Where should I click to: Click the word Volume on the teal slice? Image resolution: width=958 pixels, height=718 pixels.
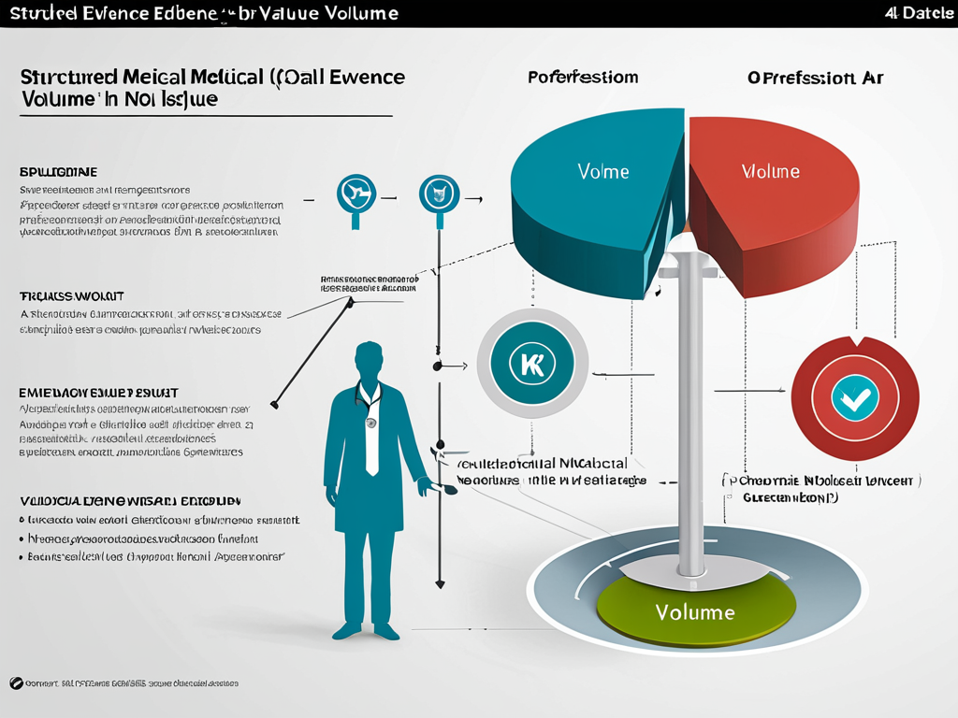click(603, 172)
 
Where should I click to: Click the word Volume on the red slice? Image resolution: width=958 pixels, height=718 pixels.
click(770, 171)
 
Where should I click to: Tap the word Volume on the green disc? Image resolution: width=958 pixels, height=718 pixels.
click(695, 612)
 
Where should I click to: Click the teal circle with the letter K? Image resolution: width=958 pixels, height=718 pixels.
click(531, 364)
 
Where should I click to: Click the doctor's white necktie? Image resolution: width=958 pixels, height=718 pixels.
click(371, 439)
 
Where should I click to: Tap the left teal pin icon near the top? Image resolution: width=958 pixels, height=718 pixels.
click(355, 195)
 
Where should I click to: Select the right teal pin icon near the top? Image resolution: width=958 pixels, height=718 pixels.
click(438, 194)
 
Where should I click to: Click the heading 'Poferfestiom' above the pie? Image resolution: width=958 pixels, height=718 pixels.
click(583, 78)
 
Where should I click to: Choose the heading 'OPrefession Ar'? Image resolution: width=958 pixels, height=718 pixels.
click(816, 78)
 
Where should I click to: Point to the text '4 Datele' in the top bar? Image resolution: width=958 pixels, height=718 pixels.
click(919, 13)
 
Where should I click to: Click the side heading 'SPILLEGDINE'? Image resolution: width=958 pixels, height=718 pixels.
click(58, 173)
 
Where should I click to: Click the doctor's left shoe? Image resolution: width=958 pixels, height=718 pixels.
click(347, 631)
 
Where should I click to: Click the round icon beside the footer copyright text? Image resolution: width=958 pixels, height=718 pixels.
click(16, 683)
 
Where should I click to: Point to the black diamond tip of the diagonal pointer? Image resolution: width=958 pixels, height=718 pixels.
click(274, 405)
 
